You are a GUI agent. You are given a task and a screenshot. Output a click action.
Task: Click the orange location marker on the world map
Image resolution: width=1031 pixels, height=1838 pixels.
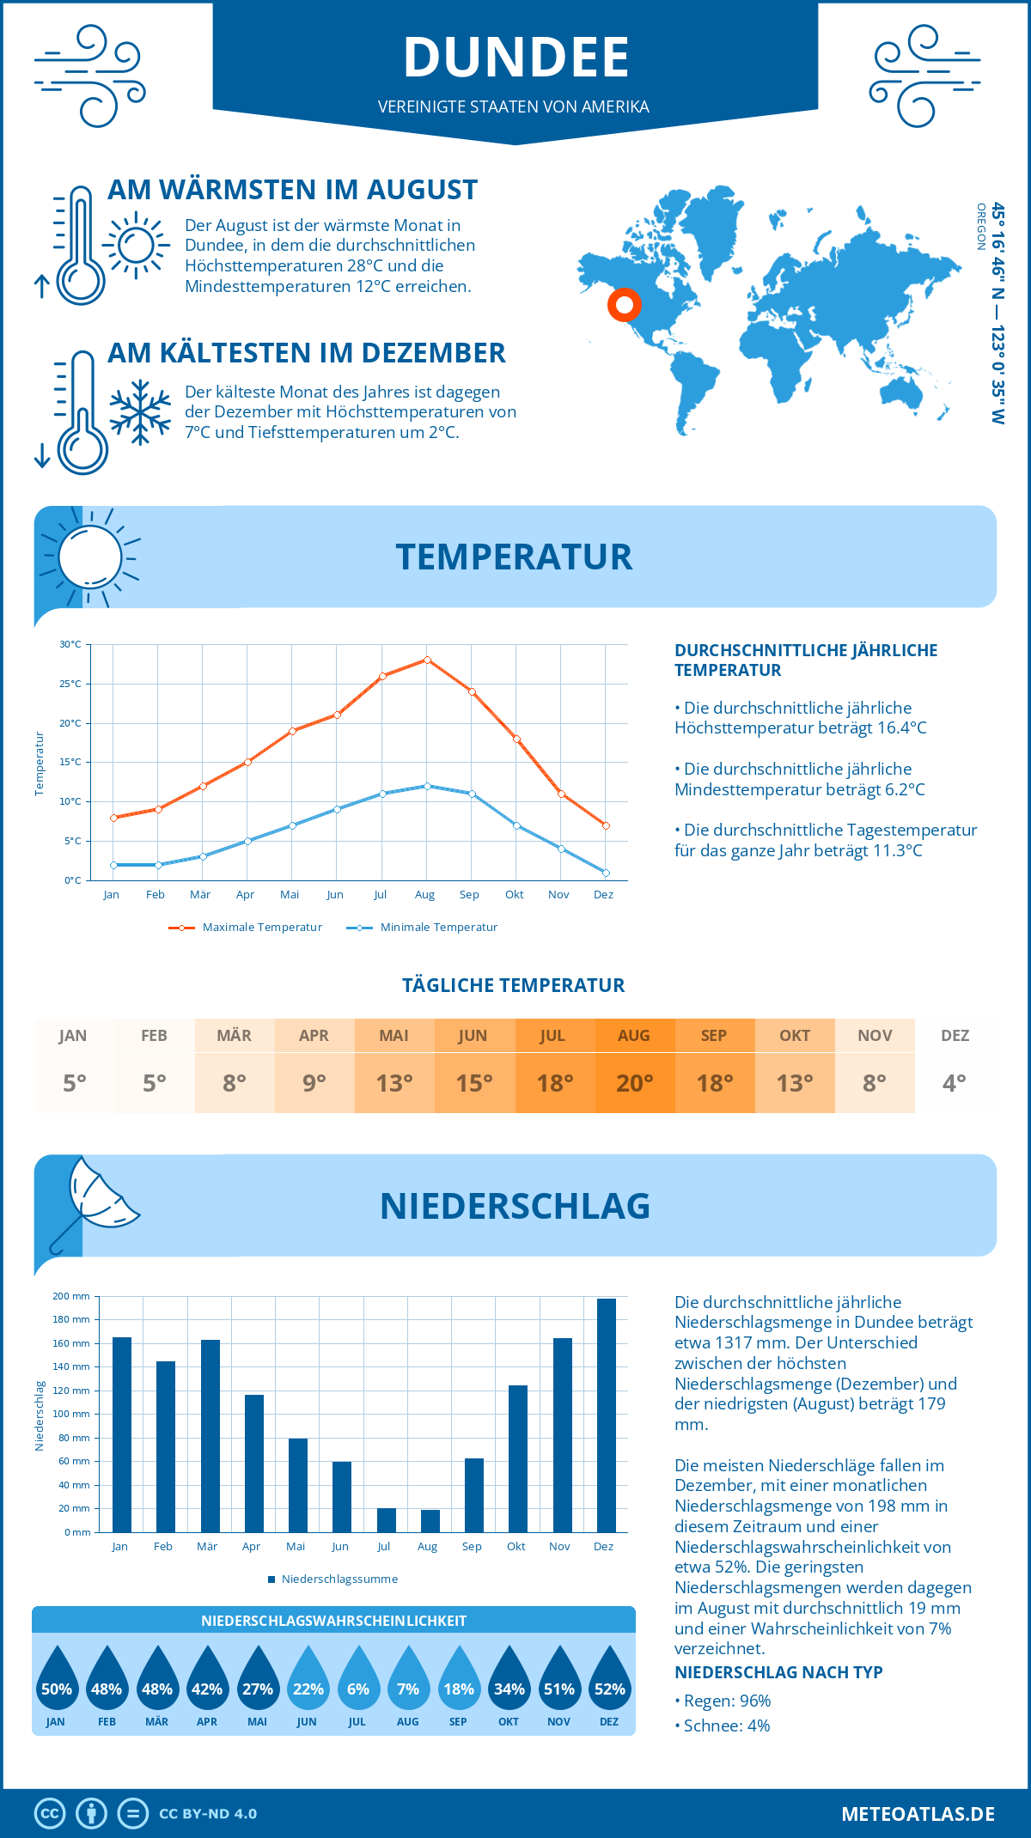625,304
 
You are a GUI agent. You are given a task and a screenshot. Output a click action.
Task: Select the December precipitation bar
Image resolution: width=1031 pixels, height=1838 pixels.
606,1415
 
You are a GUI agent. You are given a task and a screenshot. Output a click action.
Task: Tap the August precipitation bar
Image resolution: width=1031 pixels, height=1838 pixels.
430,1521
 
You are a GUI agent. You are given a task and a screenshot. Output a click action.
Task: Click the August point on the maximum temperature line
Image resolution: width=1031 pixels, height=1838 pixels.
427,660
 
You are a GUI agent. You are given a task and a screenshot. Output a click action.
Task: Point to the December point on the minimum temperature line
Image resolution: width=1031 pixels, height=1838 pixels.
606,873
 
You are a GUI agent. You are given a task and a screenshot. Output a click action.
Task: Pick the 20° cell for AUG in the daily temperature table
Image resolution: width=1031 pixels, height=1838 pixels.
634,1083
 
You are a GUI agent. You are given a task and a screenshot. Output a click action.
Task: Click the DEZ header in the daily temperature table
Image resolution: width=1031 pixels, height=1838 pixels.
955,1036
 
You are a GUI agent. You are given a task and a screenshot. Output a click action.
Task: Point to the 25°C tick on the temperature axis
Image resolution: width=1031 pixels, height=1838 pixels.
70,684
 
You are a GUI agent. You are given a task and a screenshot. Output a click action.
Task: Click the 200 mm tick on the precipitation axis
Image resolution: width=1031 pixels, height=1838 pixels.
71,1296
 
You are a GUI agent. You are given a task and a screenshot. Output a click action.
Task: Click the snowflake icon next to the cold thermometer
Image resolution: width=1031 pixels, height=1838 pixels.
140,412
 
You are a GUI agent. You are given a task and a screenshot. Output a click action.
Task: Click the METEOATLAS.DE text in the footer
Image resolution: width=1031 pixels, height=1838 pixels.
918,1814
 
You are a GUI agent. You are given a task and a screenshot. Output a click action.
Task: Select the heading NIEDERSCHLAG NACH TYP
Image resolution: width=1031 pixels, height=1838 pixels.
778,1672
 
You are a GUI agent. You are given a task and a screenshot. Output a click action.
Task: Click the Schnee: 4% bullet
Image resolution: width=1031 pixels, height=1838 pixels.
723,1725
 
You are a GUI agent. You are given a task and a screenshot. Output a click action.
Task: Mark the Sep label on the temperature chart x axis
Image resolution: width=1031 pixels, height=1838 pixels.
469,895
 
